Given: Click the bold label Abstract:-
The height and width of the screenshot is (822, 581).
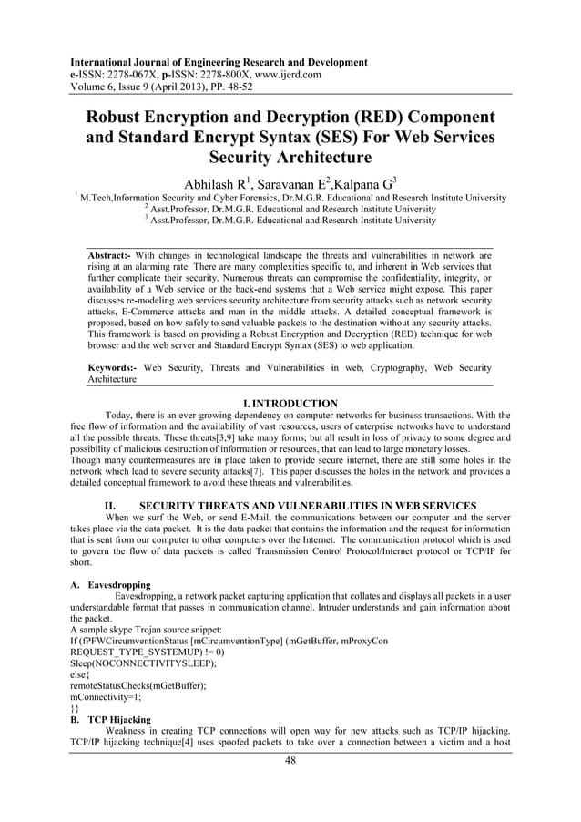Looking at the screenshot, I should point(109,257).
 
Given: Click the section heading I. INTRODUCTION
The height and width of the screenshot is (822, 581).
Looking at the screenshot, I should point(290,403).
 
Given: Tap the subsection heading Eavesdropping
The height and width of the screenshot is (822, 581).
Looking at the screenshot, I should point(121,585).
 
